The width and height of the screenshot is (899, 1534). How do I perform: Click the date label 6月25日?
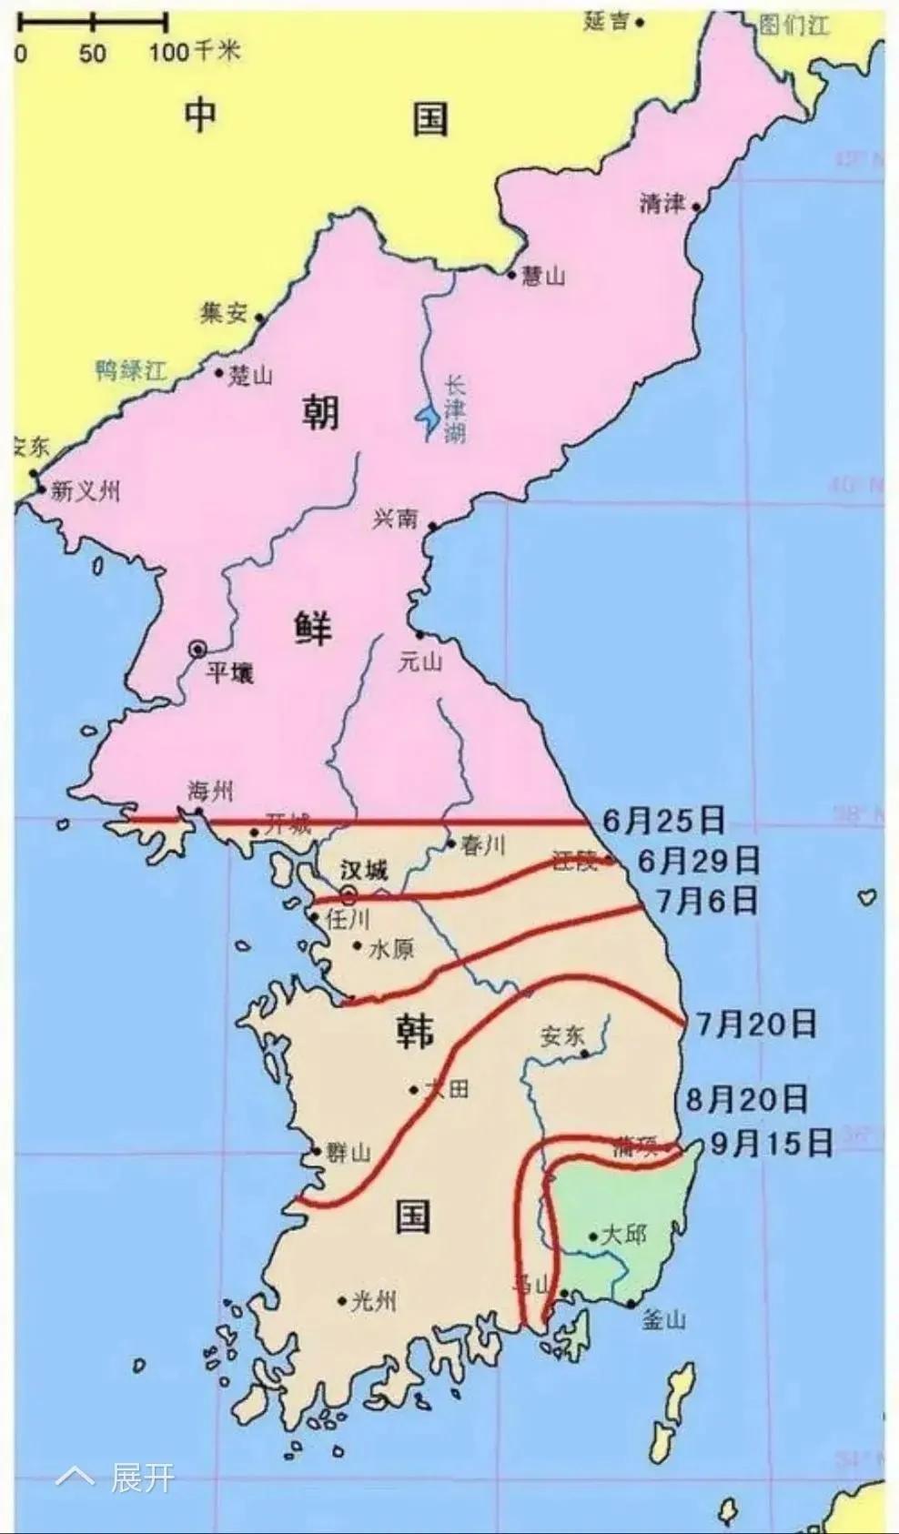point(663,821)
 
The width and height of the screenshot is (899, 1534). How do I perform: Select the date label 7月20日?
point(756,1024)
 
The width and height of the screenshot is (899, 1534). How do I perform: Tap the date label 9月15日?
point(772,1143)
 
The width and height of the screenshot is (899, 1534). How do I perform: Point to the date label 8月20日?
point(746,1100)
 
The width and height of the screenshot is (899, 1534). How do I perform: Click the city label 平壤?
point(229,673)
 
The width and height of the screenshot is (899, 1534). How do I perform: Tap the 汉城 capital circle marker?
point(348,894)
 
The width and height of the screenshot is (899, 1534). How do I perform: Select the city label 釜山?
point(663,1319)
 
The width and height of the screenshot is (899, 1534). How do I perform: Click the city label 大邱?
point(623,1235)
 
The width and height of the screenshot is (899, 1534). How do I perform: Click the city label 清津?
point(662,203)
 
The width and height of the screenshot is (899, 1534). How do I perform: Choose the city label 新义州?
point(85,491)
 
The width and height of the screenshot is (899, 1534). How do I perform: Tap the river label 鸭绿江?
point(131,369)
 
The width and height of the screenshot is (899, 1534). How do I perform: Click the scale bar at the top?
point(92,20)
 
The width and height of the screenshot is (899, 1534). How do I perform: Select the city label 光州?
point(373,1301)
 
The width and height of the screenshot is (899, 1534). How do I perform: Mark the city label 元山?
point(420,662)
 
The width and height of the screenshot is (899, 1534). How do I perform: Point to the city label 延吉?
point(606,21)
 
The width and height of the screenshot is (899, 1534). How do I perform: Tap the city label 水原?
point(391,949)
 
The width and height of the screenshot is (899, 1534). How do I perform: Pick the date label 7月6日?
point(707,901)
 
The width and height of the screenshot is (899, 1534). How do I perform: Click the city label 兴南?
point(396,519)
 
